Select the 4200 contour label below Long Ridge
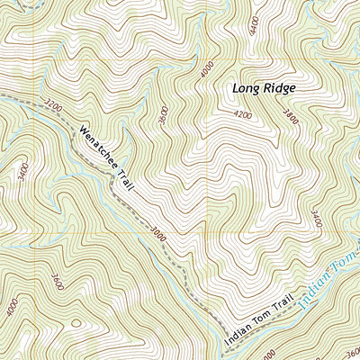[242, 115]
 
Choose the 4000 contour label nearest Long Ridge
[208, 69]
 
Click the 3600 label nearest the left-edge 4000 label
[58, 278]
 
